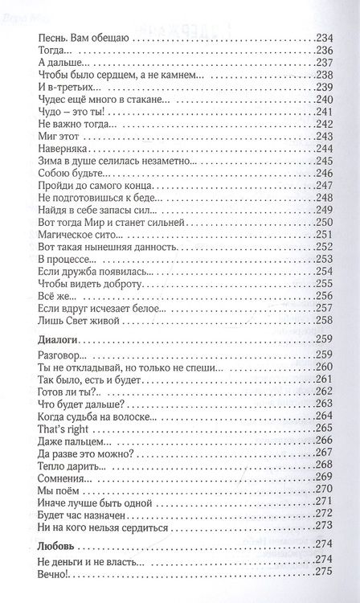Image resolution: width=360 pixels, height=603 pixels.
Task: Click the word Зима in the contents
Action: pos(50,162)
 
